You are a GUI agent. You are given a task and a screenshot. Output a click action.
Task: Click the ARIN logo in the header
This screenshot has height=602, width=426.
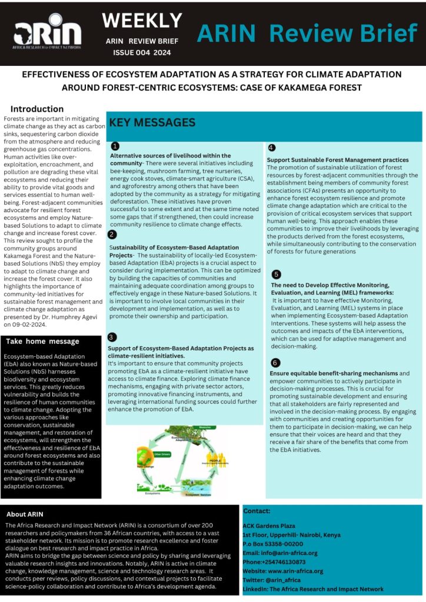point(47,35)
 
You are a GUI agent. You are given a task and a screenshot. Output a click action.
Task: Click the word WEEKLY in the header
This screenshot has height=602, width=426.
point(142,21)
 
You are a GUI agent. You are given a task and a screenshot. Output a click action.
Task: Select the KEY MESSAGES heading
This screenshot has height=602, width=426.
point(152,123)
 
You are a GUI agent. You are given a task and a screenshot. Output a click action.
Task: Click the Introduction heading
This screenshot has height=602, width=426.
point(37,109)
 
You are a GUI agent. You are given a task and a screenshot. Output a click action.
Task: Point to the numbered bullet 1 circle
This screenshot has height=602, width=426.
point(115,146)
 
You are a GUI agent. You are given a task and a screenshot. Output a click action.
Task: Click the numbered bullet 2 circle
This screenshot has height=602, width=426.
point(112,234)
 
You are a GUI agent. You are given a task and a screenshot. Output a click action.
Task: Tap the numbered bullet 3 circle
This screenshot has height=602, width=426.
point(112,337)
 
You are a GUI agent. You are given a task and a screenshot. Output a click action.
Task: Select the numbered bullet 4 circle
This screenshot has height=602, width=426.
point(271,148)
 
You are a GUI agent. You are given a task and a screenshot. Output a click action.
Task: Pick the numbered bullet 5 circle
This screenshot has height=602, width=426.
point(277,274)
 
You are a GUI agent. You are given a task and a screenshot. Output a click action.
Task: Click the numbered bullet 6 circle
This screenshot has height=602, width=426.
point(276,362)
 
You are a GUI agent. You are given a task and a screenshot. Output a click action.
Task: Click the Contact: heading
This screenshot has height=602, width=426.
point(257,511)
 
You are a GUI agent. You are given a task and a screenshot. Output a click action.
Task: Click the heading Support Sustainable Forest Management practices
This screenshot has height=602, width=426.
point(338,160)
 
